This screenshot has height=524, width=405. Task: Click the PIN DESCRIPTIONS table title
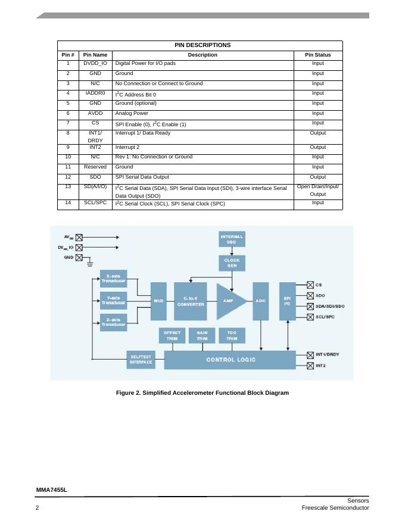click(x=202, y=45)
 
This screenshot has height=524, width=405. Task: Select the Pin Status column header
click(x=318, y=55)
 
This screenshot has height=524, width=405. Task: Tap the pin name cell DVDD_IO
click(x=95, y=63)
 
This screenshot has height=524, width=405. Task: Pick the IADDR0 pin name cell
click(x=95, y=93)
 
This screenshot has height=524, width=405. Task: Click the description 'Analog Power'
click(x=132, y=113)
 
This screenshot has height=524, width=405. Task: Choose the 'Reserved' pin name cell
click(x=95, y=167)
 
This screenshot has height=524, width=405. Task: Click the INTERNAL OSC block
click(x=232, y=239)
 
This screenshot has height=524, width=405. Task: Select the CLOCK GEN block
click(x=232, y=263)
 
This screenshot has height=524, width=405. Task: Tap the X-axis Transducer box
click(x=113, y=279)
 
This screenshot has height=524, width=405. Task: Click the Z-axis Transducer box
click(x=113, y=322)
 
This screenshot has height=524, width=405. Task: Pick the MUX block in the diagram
click(x=158, y=301)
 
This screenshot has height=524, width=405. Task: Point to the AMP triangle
click(x=229, y=301)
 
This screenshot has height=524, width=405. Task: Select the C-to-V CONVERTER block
click(x=190, y=301)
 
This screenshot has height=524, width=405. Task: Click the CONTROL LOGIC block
click(x=230, y=360)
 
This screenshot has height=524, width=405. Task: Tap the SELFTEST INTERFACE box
click(x=141, y=360)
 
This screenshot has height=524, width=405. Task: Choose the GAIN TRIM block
click(x=202, y=335)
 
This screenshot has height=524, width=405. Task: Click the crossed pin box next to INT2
click(x=310, y=366)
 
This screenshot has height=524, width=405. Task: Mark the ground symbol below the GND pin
click(x=90, y=262)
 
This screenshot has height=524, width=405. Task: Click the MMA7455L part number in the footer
click(x=51, y=489)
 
